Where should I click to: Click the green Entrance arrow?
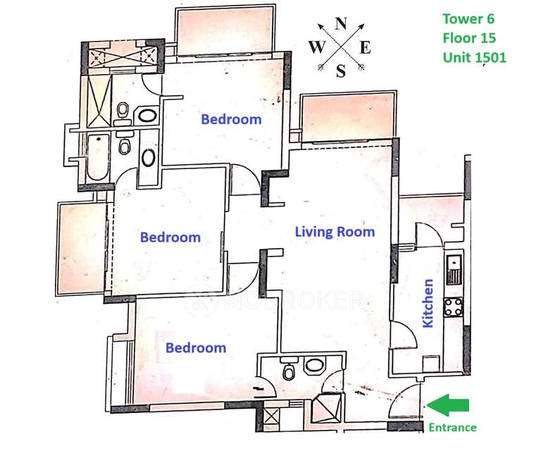(x=448, y=405)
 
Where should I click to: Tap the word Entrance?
(x=453, y=428)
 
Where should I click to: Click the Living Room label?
(x=335, y=232)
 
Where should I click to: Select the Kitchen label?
(x=428, y=303)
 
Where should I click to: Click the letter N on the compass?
(x=341, y=24)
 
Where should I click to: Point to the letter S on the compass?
(x=341, y=71)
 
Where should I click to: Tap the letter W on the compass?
(x=317, y=47)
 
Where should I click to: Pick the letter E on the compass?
(x=365, y=47)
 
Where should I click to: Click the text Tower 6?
(x=468, y=18)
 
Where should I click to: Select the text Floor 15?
(x=469, y=38)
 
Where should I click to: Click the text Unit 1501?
(x=475, y=57)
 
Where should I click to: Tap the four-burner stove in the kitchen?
(x=453, y=307)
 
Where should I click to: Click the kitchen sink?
(x=454, y=269)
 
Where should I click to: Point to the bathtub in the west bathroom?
(x=97, y=157)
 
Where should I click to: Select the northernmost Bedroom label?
(x=231, y=119)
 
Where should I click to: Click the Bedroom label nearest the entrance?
(x=196, y=347)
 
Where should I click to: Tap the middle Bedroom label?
(x=170, y=237)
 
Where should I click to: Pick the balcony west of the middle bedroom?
(x=82, y=248)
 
